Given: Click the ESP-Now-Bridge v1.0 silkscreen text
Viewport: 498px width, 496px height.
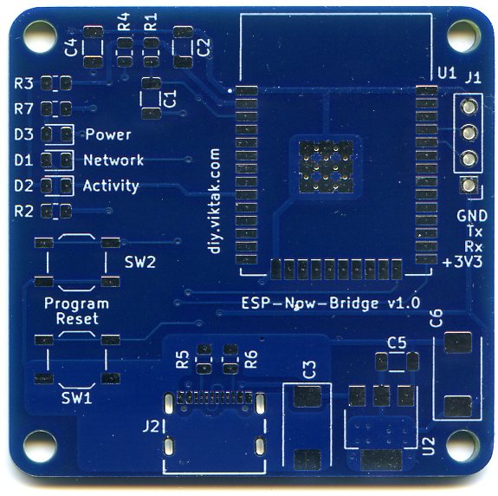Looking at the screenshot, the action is (331, 303).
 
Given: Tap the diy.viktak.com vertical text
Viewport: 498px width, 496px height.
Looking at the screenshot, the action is (215, 201).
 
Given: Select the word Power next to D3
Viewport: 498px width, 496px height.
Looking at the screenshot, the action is (108, 134).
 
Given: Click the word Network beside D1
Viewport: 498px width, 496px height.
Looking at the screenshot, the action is (113, 160).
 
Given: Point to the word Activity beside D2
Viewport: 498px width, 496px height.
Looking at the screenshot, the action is (111, 186).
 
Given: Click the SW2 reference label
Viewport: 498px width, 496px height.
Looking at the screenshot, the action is (140, 262).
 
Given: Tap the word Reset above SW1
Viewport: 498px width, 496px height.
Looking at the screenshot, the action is (77, 318).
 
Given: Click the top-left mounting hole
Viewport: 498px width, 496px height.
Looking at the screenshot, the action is (40, 36).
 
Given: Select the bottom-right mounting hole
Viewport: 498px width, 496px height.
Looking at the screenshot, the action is (463, 445).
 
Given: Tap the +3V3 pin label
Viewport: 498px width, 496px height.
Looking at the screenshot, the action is (462, 262).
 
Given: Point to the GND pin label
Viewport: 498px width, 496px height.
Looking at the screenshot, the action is (472, 216).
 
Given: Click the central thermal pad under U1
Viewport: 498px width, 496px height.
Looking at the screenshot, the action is (326, 166).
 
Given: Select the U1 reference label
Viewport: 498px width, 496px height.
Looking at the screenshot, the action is (447, 73).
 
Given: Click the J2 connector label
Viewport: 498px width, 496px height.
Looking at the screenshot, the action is (152, 426).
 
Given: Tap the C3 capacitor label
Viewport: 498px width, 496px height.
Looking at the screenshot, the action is (309, 369).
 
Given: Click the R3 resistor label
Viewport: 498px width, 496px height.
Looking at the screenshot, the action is (24, 83).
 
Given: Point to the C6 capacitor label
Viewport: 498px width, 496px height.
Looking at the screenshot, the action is (436, 318).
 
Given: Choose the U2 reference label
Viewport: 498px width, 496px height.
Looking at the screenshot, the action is (429, 446).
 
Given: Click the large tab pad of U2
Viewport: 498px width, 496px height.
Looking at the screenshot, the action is (381, 460).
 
